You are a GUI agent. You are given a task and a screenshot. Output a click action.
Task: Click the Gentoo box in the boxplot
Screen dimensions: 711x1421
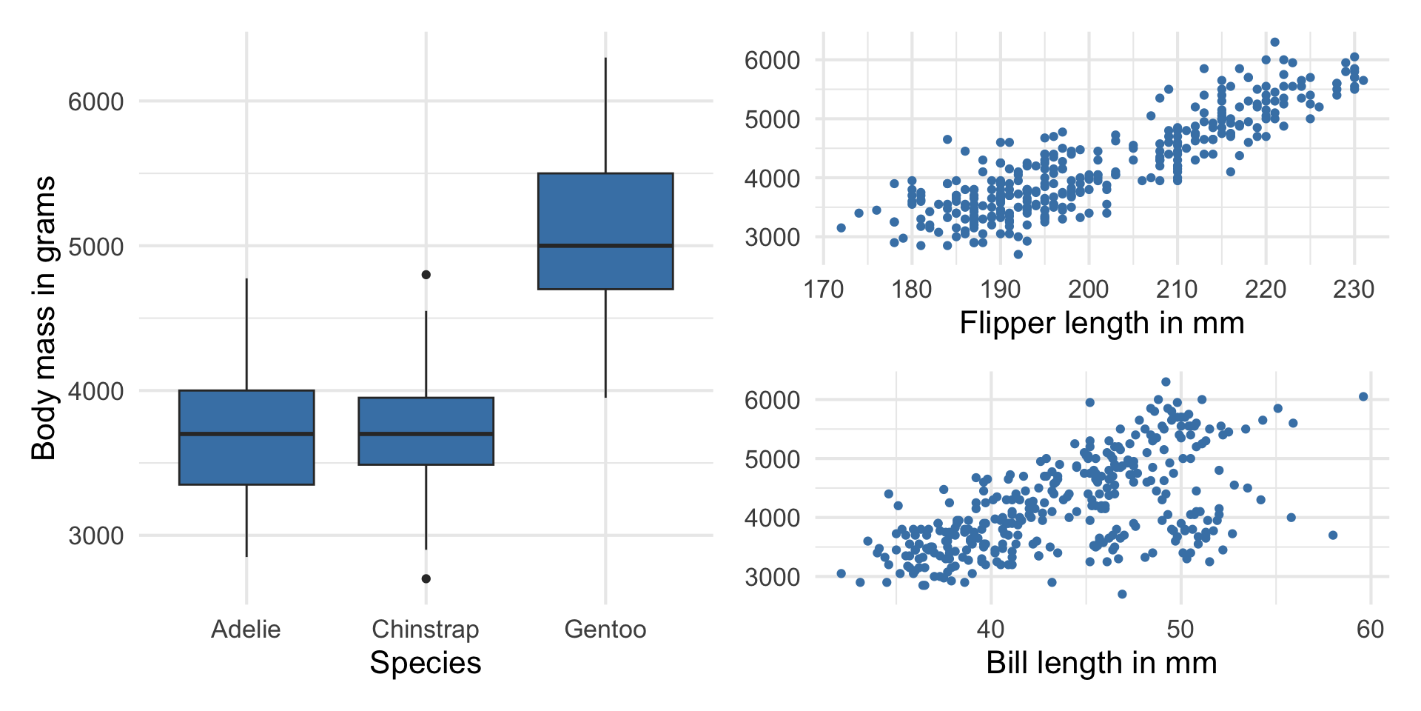point(605,215)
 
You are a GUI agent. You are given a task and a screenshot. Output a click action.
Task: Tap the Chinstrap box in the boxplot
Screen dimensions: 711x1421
point(426,452)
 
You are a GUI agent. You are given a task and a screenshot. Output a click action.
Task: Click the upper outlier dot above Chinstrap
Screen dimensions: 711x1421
point(426,275)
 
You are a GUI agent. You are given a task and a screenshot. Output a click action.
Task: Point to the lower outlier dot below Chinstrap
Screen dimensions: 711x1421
point(426,578)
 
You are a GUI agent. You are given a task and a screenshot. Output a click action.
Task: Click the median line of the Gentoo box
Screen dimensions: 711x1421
point(605,245)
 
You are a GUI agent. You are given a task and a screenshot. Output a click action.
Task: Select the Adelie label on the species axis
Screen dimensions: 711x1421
point(246,630)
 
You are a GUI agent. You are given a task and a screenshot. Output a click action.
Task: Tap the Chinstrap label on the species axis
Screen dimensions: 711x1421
point(426,630)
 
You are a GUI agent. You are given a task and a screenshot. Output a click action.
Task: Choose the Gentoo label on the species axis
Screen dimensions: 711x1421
point(605,630)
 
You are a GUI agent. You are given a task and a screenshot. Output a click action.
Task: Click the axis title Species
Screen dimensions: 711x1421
point(426,663)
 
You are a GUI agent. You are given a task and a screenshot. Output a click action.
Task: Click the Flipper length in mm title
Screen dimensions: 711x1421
point(1102,324)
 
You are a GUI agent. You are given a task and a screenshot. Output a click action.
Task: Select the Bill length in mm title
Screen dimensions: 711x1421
point(1102,663)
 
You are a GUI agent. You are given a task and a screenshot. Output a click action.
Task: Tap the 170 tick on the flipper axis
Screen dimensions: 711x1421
point(824,289)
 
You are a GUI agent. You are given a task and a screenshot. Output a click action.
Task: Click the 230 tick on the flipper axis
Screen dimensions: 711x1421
point(1354,289)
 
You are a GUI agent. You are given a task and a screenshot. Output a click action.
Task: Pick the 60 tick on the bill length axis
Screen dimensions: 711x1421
point(1370,630)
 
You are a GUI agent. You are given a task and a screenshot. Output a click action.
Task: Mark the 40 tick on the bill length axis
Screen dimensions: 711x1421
point(990,630)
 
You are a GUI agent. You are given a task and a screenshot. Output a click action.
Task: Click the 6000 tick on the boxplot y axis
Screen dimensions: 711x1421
point(96,102)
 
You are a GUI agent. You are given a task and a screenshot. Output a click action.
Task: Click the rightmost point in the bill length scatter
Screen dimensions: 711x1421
point(1363,397)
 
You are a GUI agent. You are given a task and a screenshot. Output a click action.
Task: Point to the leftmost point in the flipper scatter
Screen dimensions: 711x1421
point(841,228)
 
